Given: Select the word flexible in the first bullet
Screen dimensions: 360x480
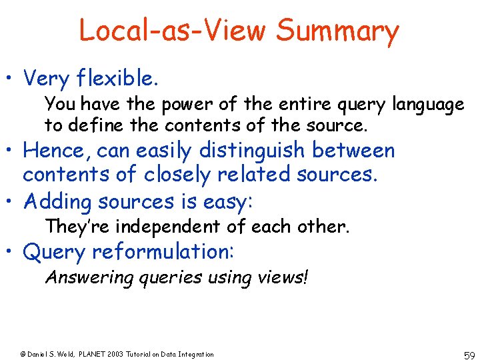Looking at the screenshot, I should point(117,79).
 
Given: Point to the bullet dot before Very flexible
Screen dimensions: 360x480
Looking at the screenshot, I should point(12,79).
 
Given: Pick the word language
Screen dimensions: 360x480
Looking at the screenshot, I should point(428,105).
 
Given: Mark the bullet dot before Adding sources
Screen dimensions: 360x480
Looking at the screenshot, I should point(12,201).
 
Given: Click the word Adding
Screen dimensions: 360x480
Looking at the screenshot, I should point(57,201).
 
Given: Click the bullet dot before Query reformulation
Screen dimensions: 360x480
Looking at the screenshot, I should point(12,253).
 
